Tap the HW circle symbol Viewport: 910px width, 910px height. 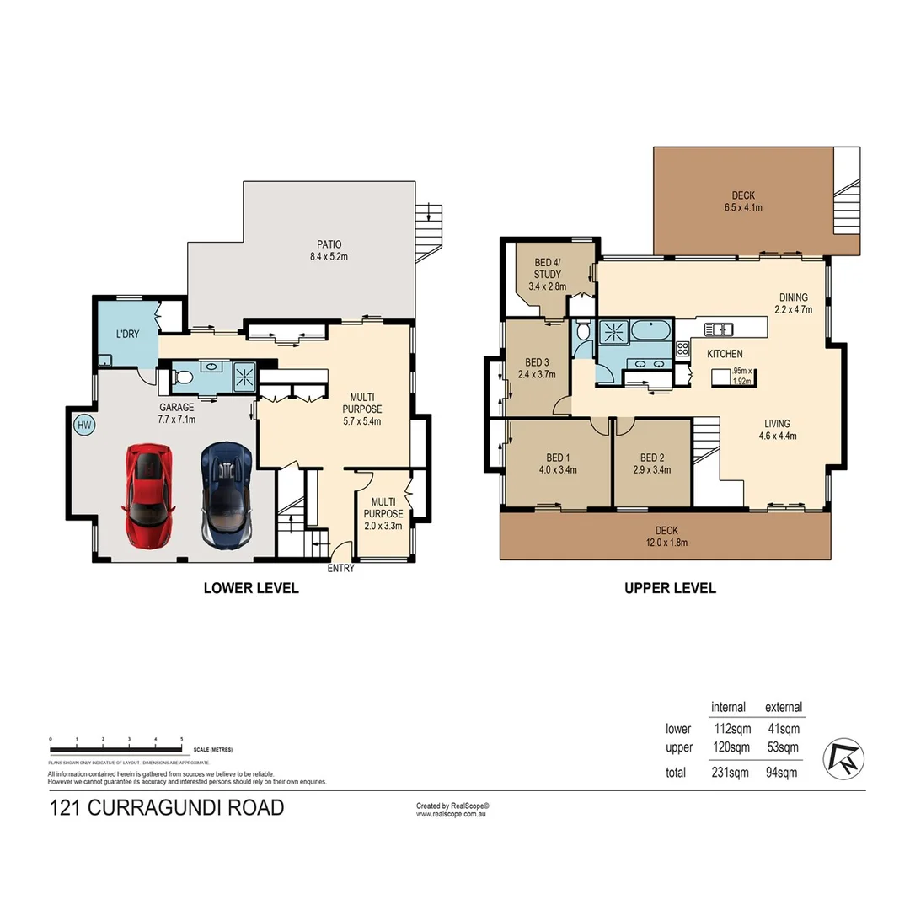coord(84,426)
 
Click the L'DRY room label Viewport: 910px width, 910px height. coord(127,335)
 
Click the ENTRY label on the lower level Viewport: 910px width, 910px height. coord(341,568)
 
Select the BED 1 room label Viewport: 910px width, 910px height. coord(558,464)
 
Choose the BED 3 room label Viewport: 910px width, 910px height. coord(537,369)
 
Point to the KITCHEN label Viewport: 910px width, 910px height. coord(725,354)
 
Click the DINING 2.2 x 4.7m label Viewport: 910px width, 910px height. coord(793,303)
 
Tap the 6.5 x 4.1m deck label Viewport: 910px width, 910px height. coord(742,201)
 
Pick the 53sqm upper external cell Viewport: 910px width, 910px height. coord(783,747)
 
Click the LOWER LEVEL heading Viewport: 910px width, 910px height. coord(251,588)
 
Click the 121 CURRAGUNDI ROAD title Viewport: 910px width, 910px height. coord(167,808)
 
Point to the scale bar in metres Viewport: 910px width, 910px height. coord(116,748)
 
